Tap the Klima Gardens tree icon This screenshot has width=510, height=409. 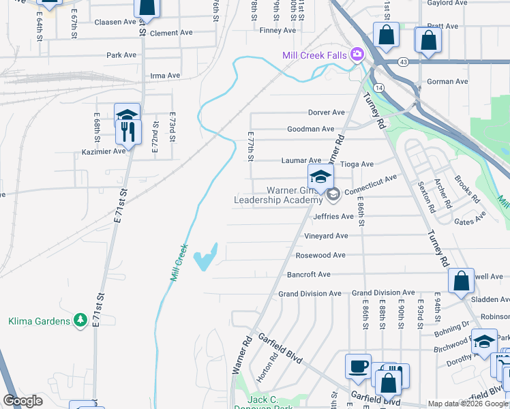[x=81, y=320]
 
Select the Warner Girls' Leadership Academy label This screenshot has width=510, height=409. [x=277, y=195]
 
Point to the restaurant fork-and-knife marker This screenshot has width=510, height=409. [x=128, y=130]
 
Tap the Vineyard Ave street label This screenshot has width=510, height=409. [x=326, y=236]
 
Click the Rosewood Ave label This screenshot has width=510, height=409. [x=320, y=255]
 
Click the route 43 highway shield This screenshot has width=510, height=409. [x=404, y=62]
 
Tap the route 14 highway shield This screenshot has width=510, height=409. [x=379, y=87]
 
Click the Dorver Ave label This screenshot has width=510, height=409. [x=327, y=112]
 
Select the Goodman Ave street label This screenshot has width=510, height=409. [x=310, y=128]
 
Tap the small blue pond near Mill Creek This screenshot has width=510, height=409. [x=205, y=258]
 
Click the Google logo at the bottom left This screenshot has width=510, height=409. [x=22, y=401]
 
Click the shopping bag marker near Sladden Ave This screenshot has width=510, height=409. [x=461, y=279]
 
